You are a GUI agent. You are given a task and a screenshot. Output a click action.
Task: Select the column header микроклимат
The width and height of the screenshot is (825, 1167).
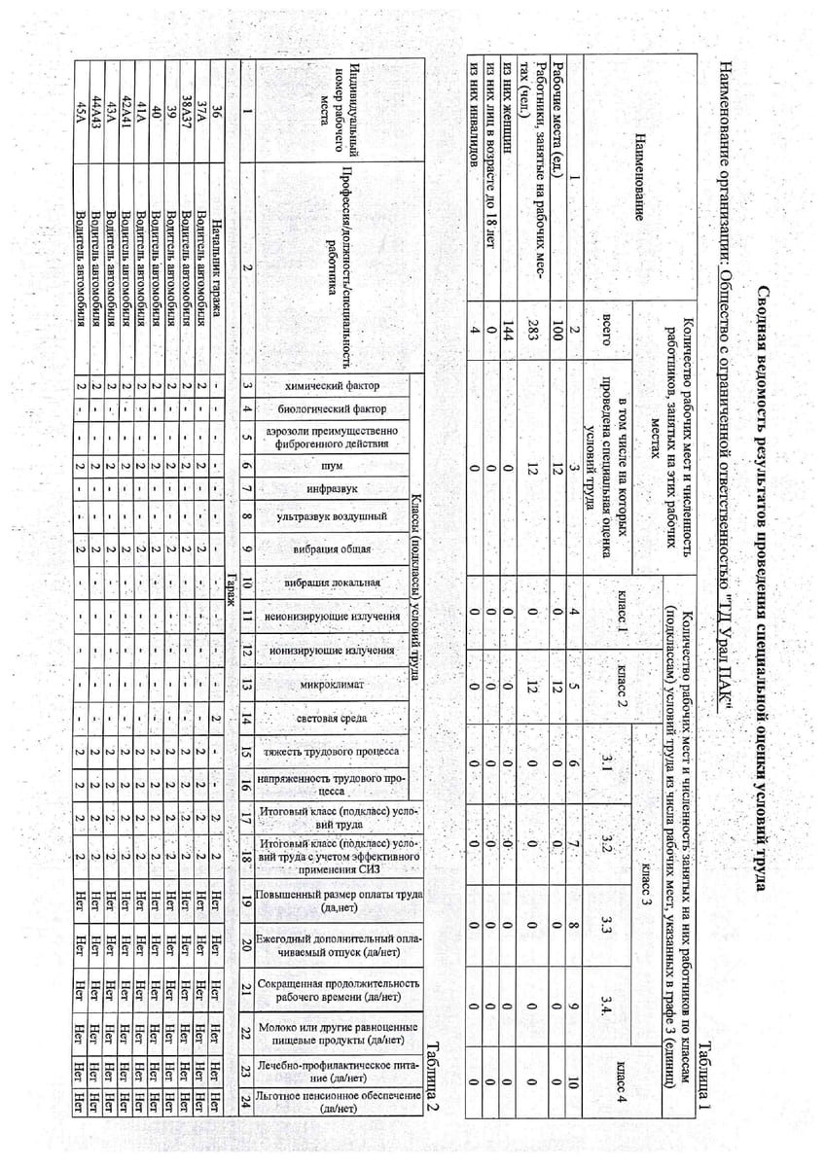[x=334, y=685]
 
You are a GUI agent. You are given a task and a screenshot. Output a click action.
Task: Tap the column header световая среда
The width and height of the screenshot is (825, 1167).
[x=334, y=719]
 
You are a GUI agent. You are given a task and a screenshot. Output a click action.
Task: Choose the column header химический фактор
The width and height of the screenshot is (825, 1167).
[x=334, y=386]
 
